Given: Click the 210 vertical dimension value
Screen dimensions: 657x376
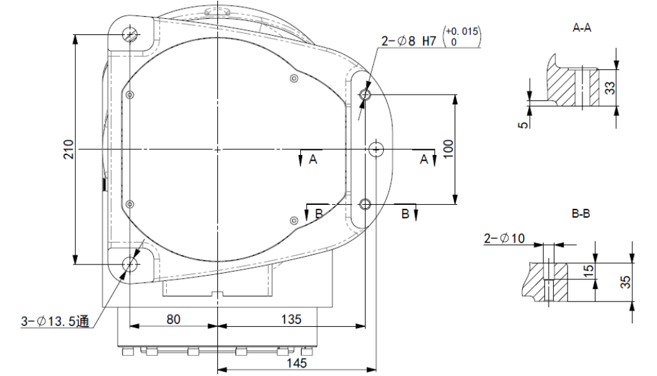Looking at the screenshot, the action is [68, 149].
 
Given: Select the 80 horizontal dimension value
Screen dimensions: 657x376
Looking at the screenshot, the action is [173, 320].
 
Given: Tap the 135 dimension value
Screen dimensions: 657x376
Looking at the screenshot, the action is [291, 320].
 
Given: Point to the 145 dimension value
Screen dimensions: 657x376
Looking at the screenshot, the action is [296, 363].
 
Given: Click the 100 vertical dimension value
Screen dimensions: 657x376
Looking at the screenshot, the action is [448, 149].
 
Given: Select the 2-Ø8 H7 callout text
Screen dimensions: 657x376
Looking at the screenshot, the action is [409, 41].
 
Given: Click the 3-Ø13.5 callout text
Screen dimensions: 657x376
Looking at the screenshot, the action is [55, 321].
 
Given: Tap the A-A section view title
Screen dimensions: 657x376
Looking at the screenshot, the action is [582, 28].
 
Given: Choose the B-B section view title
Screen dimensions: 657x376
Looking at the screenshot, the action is [580, 213].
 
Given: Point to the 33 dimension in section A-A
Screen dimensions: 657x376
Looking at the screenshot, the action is [611, 88].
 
